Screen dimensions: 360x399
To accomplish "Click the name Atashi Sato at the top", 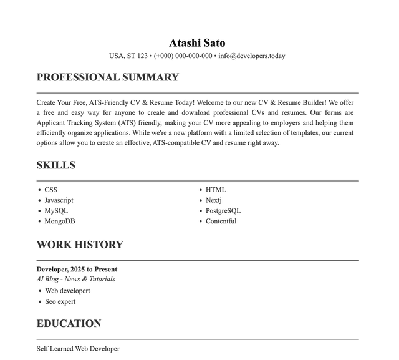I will pyautogui.click(x=197, y=43).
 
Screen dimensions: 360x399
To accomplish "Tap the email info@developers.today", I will pyautogui.click(x=251, y=56).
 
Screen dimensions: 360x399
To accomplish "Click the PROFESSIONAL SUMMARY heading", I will pyautogui.click(x=107, y=77).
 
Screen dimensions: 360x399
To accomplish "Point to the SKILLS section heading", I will pyautogui.click(x=55, y=165).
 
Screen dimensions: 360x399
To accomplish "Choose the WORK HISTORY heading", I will pyautogui.click(x=80, y=245).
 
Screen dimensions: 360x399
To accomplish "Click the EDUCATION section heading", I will pyautogui.click(x=69, y=324).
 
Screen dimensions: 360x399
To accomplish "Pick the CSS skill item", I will pyautogui.click(x=50, y=190).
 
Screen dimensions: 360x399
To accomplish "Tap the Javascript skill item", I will pyautogui.click(x=59, y=200).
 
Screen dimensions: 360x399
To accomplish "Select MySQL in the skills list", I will pyautogui.click(x=56, y=211).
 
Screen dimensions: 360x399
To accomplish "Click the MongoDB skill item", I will pyautogui.click(x=60, y=221).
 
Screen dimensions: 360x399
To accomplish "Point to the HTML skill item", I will pyautogui.click(x=216, y=190).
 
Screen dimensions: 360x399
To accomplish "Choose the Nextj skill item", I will pyautogui.click(x=214, y=200).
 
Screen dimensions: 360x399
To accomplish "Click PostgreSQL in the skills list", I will pyautogui.click(x=223, y=211).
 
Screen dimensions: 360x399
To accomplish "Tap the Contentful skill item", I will pyautogui.click(x=221, y=221).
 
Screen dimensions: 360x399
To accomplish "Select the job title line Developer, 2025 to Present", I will pyautogui.click(x=77, y=270).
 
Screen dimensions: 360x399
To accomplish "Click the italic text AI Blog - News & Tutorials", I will pyautogui.click(x=75, y=280).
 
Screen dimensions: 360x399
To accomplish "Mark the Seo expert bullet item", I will pyautogui.click(x=60, y=302).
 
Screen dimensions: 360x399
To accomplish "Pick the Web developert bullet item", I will pyautogui.click(x=67, y=291).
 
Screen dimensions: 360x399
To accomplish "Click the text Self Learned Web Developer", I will pyautogui.click(x=78, y=349).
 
